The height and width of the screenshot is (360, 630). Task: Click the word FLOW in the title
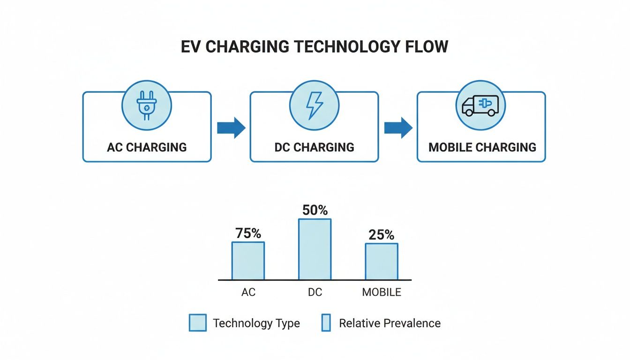coord(427,47)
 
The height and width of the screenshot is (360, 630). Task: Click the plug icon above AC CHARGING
coord(147,105)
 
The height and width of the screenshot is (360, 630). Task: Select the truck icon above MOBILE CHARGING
coord(480,106)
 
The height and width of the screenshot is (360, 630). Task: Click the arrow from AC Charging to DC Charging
coord(231,128)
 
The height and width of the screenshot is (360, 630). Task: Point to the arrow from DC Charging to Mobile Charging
coord(398,128)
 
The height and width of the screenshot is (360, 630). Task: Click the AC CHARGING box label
coord(147,147)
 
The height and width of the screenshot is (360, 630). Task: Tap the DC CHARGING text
coord(315,147)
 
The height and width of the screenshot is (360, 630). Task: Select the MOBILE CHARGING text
coord(482,147)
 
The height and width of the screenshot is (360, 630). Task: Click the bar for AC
coord(248,261)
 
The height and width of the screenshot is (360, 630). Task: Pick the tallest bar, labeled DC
coord(315,249)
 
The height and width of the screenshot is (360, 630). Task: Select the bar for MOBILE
coord(382,262)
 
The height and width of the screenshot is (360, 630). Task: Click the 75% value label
coord(248,233)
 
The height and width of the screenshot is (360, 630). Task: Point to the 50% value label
coord(315,210)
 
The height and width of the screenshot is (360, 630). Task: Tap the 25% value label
coord(382,235)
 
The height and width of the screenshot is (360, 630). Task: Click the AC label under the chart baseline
coord(248,292)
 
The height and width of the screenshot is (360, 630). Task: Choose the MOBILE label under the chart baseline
coord(382,292)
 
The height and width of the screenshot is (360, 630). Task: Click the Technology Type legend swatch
coord(198,322)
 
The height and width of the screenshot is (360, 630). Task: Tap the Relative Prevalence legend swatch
coord(326,322)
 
